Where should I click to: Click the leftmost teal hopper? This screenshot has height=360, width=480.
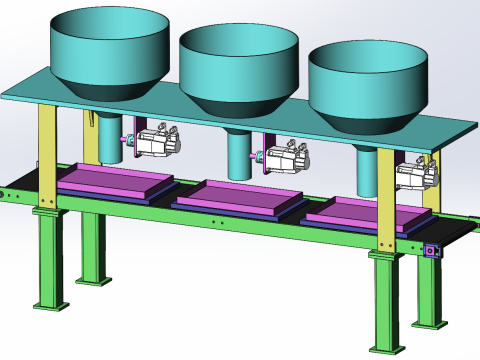coord(108,50)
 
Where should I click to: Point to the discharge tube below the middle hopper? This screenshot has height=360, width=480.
coord(238,155)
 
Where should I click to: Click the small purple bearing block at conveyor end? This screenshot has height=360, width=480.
coord(431,251)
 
